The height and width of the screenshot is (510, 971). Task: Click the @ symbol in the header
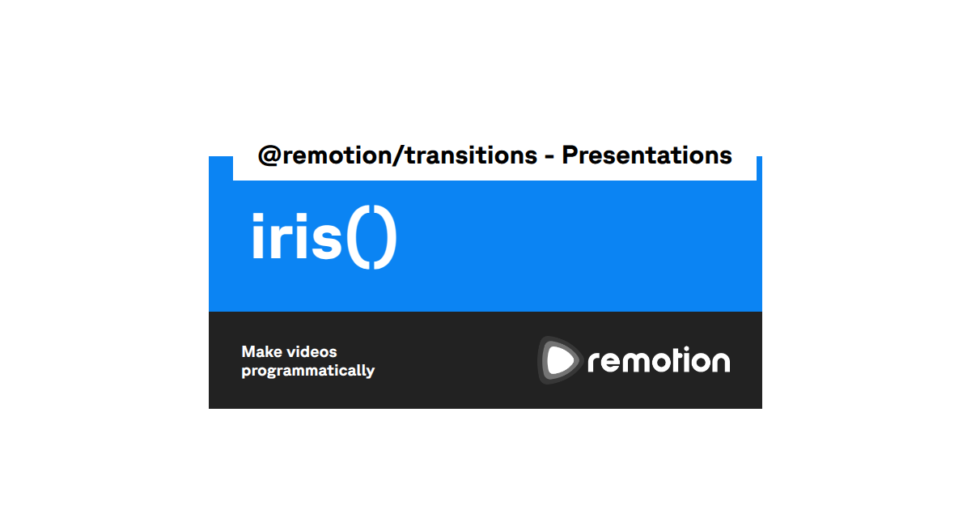[269, 155]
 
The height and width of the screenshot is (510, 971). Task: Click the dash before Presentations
[549, 156]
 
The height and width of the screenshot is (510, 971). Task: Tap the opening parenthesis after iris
[358, 240]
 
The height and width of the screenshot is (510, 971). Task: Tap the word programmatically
[307, 371]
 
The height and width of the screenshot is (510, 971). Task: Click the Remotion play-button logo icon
[560, 360]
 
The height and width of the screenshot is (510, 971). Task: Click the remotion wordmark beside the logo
[659, 361]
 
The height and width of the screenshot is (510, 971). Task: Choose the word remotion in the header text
[334, 155]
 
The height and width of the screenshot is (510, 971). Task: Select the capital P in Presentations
[571, 155]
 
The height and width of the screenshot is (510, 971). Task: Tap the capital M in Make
[249, 352]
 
